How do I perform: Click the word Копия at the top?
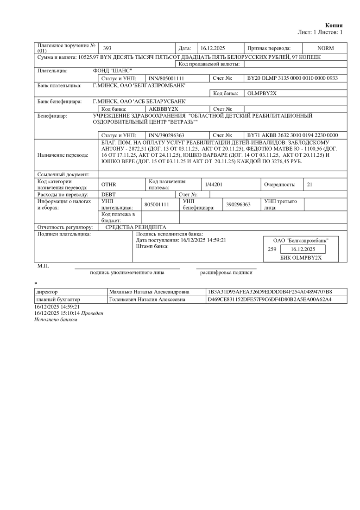pos(334,25)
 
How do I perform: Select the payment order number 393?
pos(107,48)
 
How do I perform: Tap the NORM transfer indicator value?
pos(325,48)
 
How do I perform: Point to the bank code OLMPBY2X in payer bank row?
pos(262,93)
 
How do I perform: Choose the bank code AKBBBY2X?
pos(160,108)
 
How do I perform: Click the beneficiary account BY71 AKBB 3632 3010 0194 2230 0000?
pos(292,135)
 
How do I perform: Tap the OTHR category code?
pos(108,185)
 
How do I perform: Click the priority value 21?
pos(309,185)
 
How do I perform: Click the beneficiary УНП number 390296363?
pos(238,204)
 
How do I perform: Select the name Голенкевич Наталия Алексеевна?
pos(147,300)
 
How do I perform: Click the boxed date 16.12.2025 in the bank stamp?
pos(300,249)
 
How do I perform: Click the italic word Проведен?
pos(92,313)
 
